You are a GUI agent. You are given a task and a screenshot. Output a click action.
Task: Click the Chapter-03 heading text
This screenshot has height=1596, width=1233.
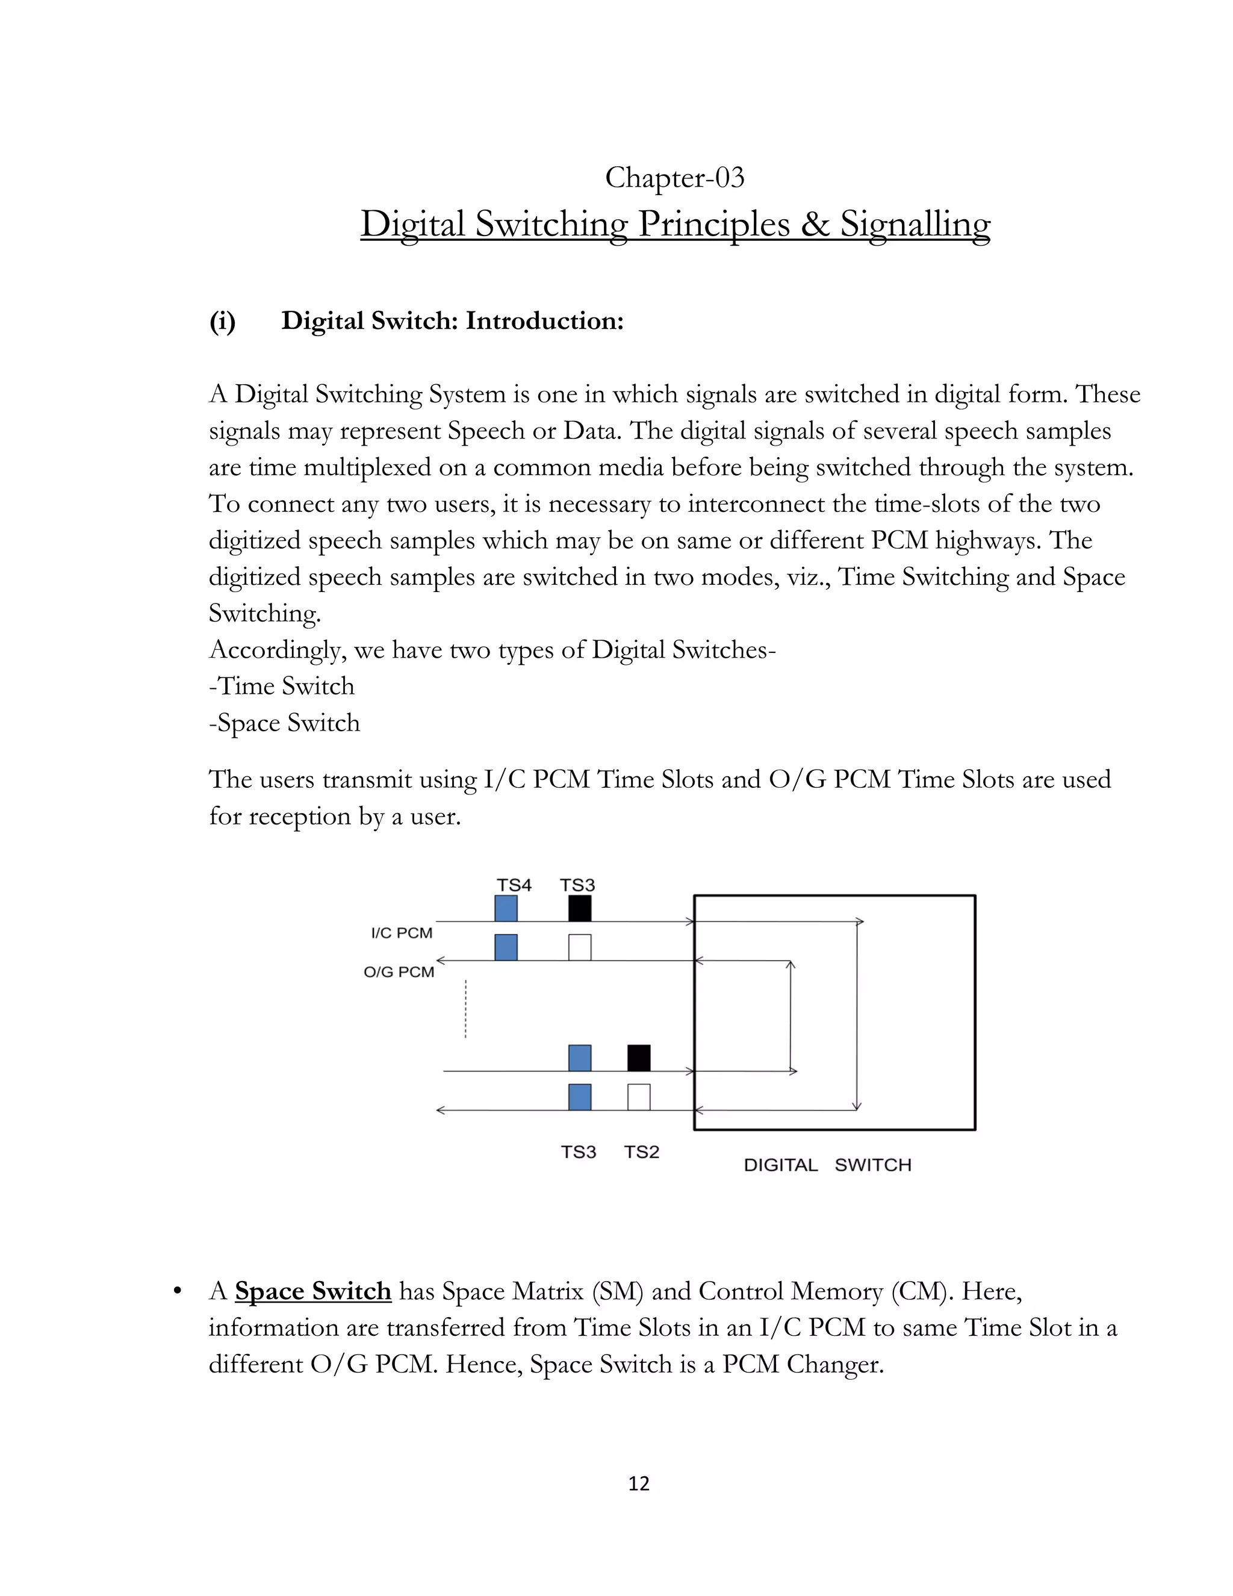pos(674,178)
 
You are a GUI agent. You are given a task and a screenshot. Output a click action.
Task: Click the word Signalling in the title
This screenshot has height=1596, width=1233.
pos(915,225)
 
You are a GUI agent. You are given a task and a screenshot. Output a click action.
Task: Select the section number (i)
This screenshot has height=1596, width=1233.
pos(222,321)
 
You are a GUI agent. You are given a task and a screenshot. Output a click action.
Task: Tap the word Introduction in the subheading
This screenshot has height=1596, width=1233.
pos(544,321)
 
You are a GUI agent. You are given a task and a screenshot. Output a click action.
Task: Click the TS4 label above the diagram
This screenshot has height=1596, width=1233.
pos(514,885)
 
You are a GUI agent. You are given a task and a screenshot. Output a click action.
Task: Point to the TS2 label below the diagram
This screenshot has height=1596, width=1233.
pos(641,1152)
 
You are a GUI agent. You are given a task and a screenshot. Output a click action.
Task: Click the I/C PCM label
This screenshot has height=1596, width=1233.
pos(402,932)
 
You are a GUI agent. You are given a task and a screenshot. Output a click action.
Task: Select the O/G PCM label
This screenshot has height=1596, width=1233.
pos(399,972)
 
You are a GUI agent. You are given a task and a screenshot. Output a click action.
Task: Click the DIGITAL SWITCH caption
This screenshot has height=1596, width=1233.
pos(827,1165)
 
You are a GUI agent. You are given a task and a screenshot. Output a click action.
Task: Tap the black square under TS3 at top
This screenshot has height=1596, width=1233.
pos(579,908)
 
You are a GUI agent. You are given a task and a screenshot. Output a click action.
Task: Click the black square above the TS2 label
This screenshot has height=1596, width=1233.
pos(638,1058)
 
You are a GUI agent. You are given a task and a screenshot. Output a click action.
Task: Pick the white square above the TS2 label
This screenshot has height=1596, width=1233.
pos(638,1097)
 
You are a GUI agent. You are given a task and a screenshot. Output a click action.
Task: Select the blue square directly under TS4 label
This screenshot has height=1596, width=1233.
pos(506,908)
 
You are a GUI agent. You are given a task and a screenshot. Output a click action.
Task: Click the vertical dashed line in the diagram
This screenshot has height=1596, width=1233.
pos(465,1008)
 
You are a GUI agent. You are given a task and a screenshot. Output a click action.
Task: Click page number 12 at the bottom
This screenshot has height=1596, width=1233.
pos(638,1483)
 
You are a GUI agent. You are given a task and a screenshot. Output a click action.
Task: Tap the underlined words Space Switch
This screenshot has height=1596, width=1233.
pos(312,1291)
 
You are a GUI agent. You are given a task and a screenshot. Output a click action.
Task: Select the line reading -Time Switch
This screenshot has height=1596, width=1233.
pos(281,685)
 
